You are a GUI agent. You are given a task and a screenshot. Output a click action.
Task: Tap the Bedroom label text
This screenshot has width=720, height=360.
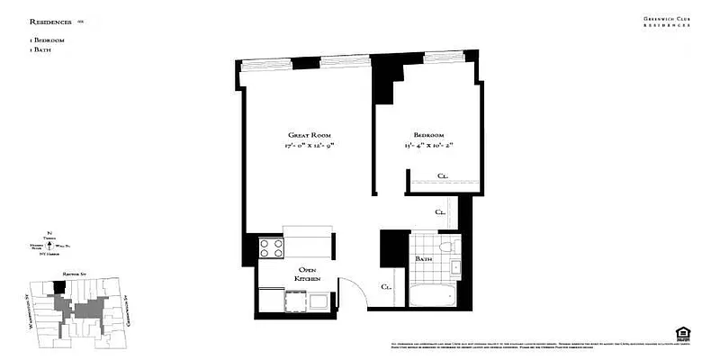pos(422,134)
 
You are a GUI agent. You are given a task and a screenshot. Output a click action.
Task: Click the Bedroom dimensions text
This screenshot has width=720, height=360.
pos(422,145)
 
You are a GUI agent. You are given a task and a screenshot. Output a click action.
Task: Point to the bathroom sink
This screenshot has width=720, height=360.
pos(455,266)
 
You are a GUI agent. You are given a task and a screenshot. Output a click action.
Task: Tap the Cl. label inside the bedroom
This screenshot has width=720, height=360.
pos(443,175)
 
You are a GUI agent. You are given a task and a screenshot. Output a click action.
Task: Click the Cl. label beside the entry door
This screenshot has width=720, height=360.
pos(386,287)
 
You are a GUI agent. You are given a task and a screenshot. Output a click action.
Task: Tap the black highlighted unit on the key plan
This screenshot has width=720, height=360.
pos(60,287)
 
